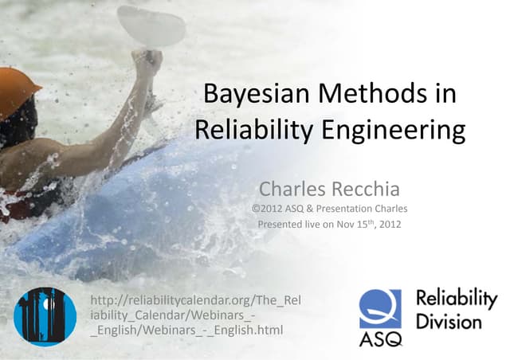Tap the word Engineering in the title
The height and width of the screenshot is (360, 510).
click(402, 131)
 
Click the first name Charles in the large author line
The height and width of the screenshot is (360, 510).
click(292, 190)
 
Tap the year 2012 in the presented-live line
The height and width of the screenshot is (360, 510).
click(386, 225)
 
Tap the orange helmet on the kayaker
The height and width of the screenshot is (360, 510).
click(18, 92)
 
